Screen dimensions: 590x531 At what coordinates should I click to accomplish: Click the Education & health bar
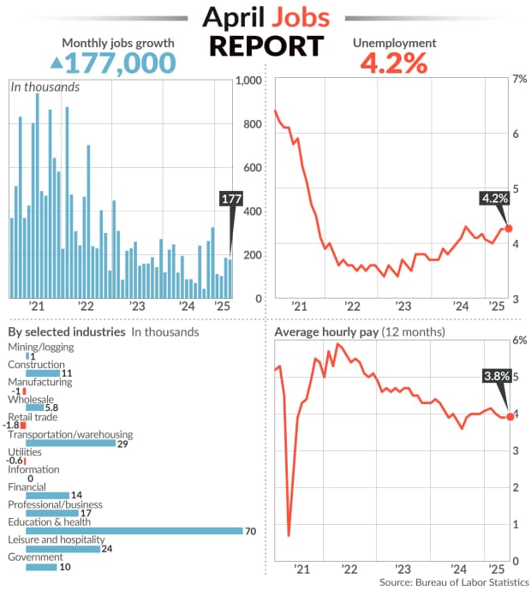click(x=134, y=531)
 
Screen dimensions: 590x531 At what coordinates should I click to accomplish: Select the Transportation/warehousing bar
click(x=70, y=443)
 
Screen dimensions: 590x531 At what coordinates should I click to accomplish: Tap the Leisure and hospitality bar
click(x=63, y=549)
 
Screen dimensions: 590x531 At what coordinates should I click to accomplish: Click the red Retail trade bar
click(x=23, y=425)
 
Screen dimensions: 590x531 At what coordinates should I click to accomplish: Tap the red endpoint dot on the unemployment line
click(x=509, y=229)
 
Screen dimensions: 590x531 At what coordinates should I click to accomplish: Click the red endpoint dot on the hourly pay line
click(x=510, y=416)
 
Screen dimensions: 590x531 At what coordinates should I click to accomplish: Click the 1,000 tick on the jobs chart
click(x=248, y=80)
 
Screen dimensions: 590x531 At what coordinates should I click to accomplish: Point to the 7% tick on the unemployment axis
click(x=518, y=79)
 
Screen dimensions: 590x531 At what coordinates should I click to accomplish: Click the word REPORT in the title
click(x=265, y=45)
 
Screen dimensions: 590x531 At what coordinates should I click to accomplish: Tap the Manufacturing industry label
click(x=40, y=382)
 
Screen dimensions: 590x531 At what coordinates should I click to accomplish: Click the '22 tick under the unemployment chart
click(x=350, y=306)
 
